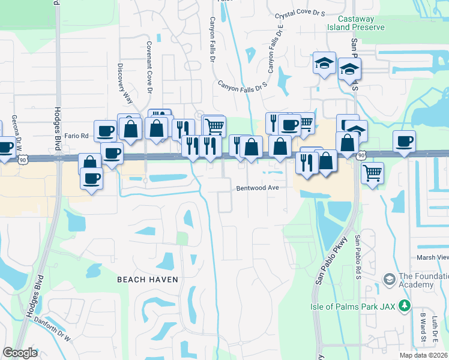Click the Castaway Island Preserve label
tap(356, 23)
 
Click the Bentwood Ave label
tap(258, 188)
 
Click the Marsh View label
tap(432, 257)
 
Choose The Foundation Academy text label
tap(424, 280)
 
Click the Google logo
tap(20, 353)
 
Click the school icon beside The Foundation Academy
tap(389, 280)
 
